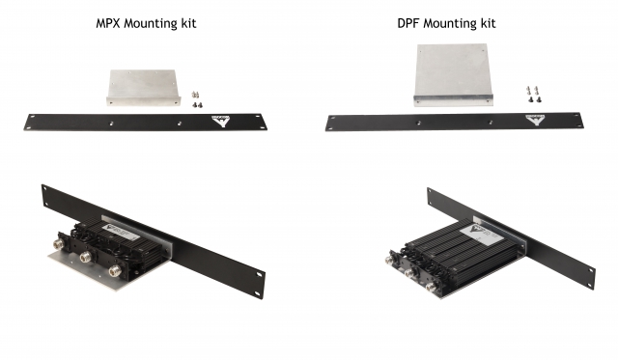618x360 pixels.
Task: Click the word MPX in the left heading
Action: [x=108, y=23]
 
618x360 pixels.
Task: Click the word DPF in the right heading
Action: [x=408, y=23]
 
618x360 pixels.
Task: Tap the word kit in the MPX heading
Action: [x=188, y=23]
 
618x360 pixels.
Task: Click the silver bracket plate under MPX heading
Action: [x=144, y=88]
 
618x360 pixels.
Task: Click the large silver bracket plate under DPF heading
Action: [x=453, y=75]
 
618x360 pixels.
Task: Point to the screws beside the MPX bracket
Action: [x=197, y=99]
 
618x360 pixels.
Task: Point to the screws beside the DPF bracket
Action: [x=534, y=95]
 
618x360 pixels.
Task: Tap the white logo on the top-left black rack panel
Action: [x=220, y=121]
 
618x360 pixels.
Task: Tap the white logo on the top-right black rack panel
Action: [x=535, y=120]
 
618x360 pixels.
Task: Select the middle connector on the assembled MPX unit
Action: [x=87, y=258]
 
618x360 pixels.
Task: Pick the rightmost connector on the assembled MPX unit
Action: [x=115, y=270]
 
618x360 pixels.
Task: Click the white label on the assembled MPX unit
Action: [x=122, y=232]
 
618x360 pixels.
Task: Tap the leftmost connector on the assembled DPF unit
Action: [x=391, y=260]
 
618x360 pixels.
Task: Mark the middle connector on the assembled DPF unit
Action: [x=410, y=273]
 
